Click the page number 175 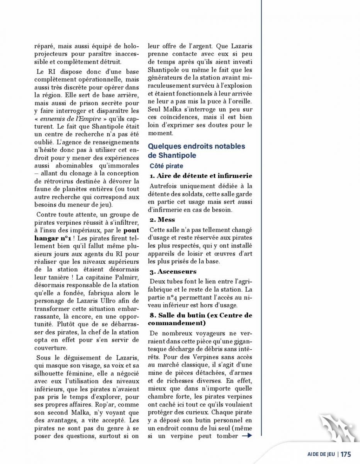click(x=345, y=454)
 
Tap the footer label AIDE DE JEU click(x=321, y=454)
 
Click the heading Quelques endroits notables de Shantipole click(x=196, y=151)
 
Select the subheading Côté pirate click(x=166, y=166)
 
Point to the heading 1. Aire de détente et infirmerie click(x=201, y=176)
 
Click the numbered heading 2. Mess click(x=163, y=220)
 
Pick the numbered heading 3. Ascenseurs click(x=173, y=271)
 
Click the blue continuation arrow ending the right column click(x=246, y=436)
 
